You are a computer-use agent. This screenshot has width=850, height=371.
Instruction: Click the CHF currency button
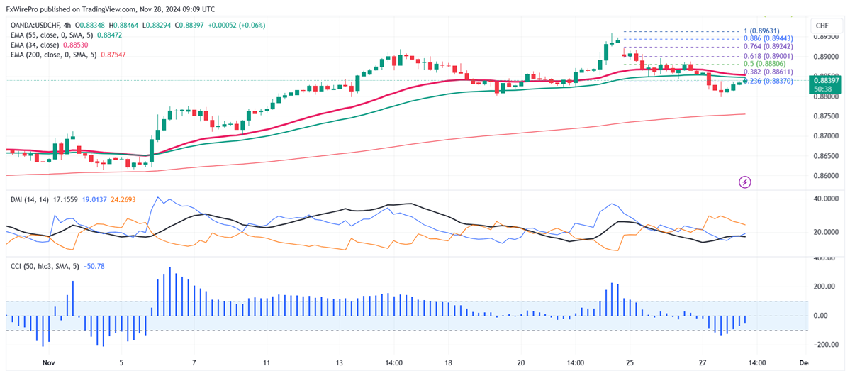822,26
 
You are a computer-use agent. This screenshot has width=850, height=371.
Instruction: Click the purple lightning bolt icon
745,182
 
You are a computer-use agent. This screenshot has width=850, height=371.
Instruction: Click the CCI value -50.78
94,267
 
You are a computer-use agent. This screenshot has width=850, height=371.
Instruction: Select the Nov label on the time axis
49,362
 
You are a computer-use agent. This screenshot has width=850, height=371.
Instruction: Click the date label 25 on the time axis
628,362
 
